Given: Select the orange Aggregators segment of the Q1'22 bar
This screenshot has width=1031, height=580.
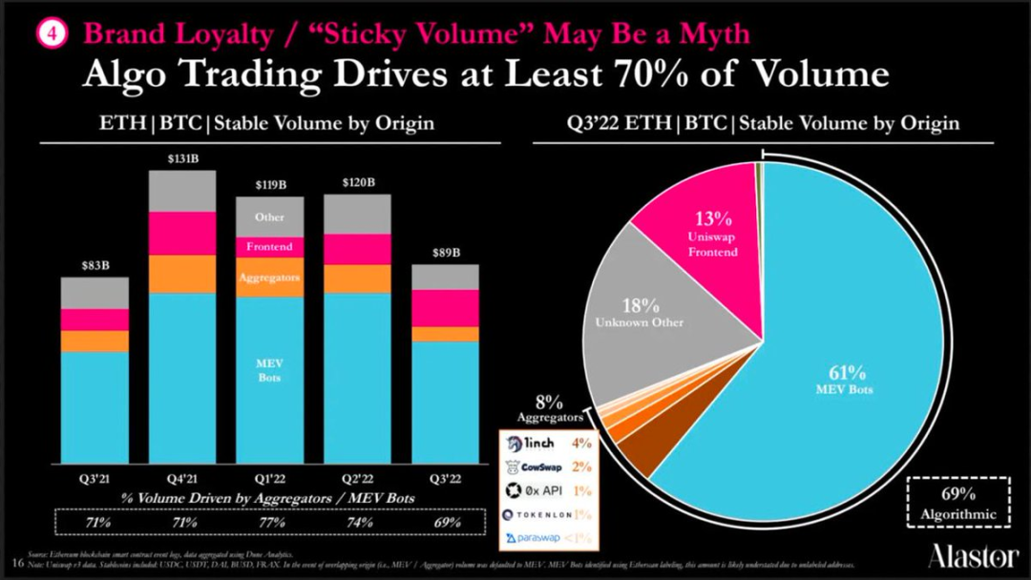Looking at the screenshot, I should (x=269, y=278).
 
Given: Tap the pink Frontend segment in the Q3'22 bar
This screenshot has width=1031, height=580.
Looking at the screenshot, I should (x=445, y=307).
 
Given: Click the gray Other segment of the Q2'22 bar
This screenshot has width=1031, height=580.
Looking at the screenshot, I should (x=357, y=214).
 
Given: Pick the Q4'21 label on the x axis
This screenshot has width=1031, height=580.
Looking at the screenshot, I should (x=181, y=480).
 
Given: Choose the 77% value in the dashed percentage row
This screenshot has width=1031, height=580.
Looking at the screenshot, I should (x=271, y=522).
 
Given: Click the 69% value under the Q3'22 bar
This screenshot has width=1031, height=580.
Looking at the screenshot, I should (x=445, y=522).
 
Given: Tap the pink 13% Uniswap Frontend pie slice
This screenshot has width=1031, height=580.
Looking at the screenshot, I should (x=711, y=234).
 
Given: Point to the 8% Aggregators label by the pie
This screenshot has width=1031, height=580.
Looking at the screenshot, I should (x=549, y=409).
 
